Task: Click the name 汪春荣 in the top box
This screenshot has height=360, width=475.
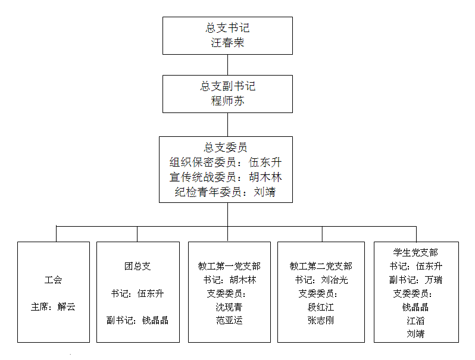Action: [x=227, y=43]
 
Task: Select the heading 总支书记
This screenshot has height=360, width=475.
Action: [x=227, y=28]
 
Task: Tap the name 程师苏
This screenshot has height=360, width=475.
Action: [x=227, y=101]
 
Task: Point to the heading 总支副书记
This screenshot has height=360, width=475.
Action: [x=227, y=86]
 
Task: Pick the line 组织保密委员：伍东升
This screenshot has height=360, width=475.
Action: [x=226, y=162]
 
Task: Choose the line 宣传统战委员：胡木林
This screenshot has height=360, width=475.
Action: [x=226, y=177]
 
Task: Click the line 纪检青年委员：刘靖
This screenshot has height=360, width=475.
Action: [x=226, y=192]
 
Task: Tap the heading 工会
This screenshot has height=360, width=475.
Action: [x=53, y=280]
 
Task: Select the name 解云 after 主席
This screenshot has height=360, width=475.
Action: [x=67, y=307]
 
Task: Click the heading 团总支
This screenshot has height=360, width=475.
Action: [x=137, y=266]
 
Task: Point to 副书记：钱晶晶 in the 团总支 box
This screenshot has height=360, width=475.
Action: [x=137, y=320]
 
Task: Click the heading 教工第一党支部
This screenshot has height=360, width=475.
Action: [x=229, y=266]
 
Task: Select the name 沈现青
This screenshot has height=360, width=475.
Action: [x=229, y=307]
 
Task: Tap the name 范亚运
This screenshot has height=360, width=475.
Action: [x=229, y=320]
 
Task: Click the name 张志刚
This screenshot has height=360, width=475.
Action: [x=321, y=320]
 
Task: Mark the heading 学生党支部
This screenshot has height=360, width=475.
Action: [x=415, y=253]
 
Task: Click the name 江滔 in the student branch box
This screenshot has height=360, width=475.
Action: [x=415, y=321]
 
